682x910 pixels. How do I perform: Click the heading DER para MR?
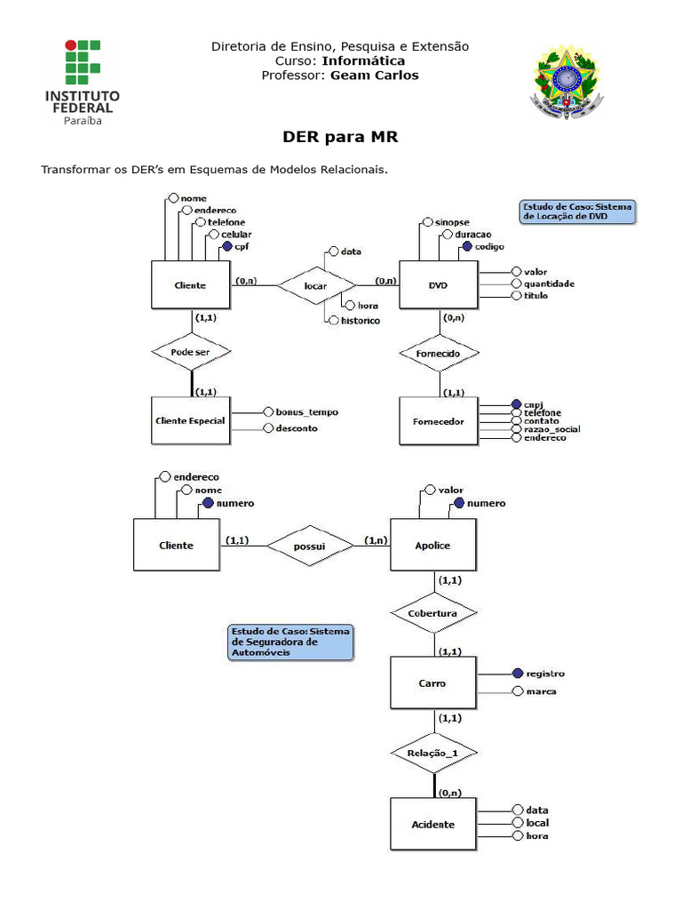click(x=340, y=138)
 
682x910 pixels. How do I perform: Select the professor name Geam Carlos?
click(x=374, y=76)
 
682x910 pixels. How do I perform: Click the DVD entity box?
click(x=439, y=285)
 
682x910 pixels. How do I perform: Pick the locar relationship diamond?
click(x=316, y=286)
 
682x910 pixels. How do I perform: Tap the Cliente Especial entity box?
click(x=190, y=420)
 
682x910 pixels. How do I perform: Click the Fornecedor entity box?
click(x=439, y=421)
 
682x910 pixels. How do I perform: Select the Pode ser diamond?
click(x=190, y=352)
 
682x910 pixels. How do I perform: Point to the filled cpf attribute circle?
click(x=226, y=246)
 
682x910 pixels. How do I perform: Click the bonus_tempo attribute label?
click(x=306, y=412)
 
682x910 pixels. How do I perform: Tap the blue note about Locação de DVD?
click(x=577, y=212)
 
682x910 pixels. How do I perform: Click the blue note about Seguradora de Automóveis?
click(x=290, y=642)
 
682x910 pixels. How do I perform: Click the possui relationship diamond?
click(x=310, y=545)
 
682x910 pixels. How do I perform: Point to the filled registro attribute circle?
click(x=517, y=674)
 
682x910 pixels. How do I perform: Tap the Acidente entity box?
click(x=433, y=824)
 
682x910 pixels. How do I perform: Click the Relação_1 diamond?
click(x=434, y=753)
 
